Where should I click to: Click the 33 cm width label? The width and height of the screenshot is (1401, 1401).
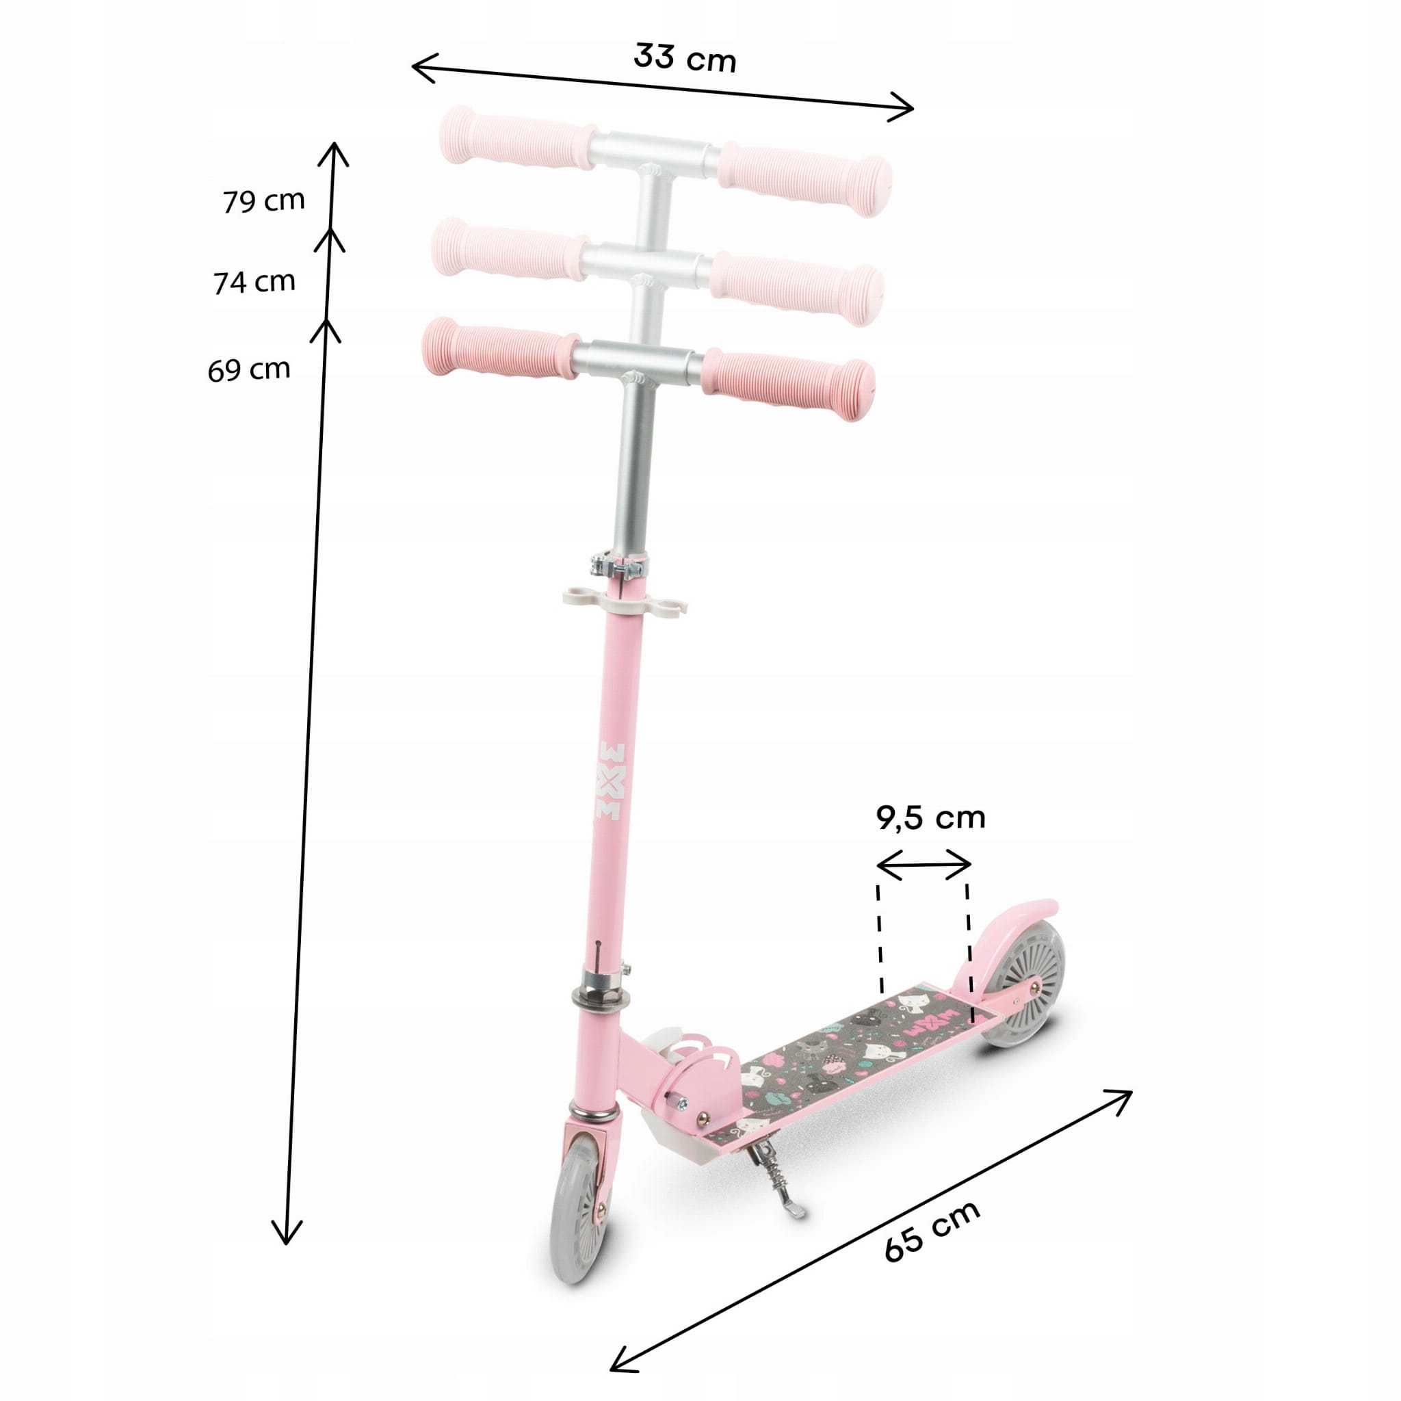685,58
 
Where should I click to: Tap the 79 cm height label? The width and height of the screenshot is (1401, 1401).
263,201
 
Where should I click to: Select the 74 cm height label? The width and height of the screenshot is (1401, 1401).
254,282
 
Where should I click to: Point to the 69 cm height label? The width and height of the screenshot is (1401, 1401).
249,370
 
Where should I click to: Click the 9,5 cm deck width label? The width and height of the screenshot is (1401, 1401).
931,818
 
